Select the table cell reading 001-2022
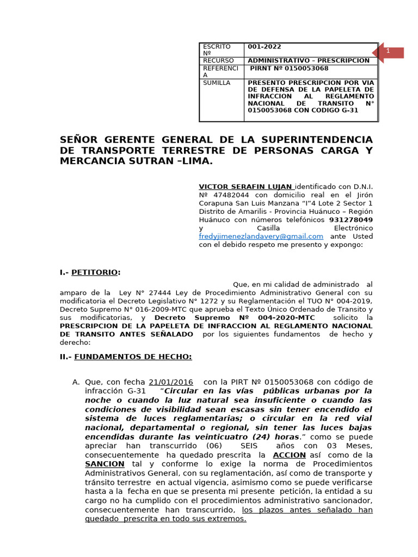point(265,47)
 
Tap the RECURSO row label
point(218,60)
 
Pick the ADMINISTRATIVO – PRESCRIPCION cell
point(309,60)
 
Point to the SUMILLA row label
point(217,83)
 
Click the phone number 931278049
point(351,220)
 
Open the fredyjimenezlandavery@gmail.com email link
point(261,236)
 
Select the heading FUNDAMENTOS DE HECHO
point(133,356)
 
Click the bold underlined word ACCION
point(289,455)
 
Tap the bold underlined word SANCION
point(104,463)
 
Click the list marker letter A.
point(76,382)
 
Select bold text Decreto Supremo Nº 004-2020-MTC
point(235,317)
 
